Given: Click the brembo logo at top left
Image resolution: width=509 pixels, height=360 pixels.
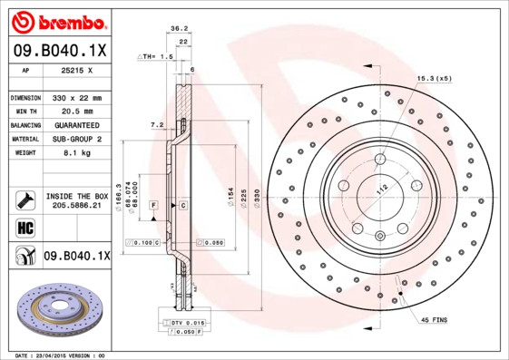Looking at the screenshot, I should [56, 20].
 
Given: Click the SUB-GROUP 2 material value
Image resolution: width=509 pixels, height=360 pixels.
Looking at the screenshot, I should [73, 139].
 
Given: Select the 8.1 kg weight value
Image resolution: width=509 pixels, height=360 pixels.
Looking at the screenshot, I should [64, 153].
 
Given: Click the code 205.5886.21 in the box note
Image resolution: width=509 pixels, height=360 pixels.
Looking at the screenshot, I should [77, 207].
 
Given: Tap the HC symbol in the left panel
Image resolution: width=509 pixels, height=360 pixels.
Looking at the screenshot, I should [24, 228].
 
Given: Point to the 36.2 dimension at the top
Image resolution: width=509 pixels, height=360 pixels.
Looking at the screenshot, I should [179, 30].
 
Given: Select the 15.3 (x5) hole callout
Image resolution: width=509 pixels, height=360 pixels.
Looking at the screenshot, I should [435, 79].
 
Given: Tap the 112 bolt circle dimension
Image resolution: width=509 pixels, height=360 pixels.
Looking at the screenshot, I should [382, 188].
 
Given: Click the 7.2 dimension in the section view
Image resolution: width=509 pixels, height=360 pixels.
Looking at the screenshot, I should [155, 124].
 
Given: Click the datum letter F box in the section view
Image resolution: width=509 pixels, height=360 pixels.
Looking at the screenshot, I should [153, 207].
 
